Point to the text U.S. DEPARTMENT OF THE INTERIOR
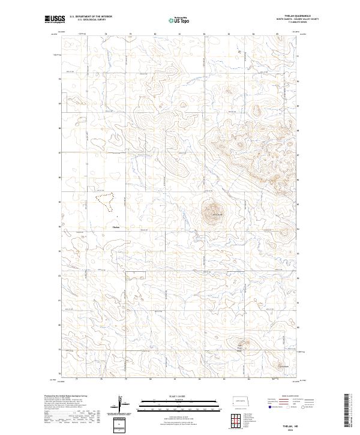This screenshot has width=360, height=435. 91,17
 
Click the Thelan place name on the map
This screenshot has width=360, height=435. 116,227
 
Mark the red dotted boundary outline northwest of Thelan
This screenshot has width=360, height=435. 105,202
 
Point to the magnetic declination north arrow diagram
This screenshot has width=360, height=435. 119,405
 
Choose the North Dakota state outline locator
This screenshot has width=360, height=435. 242,401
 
